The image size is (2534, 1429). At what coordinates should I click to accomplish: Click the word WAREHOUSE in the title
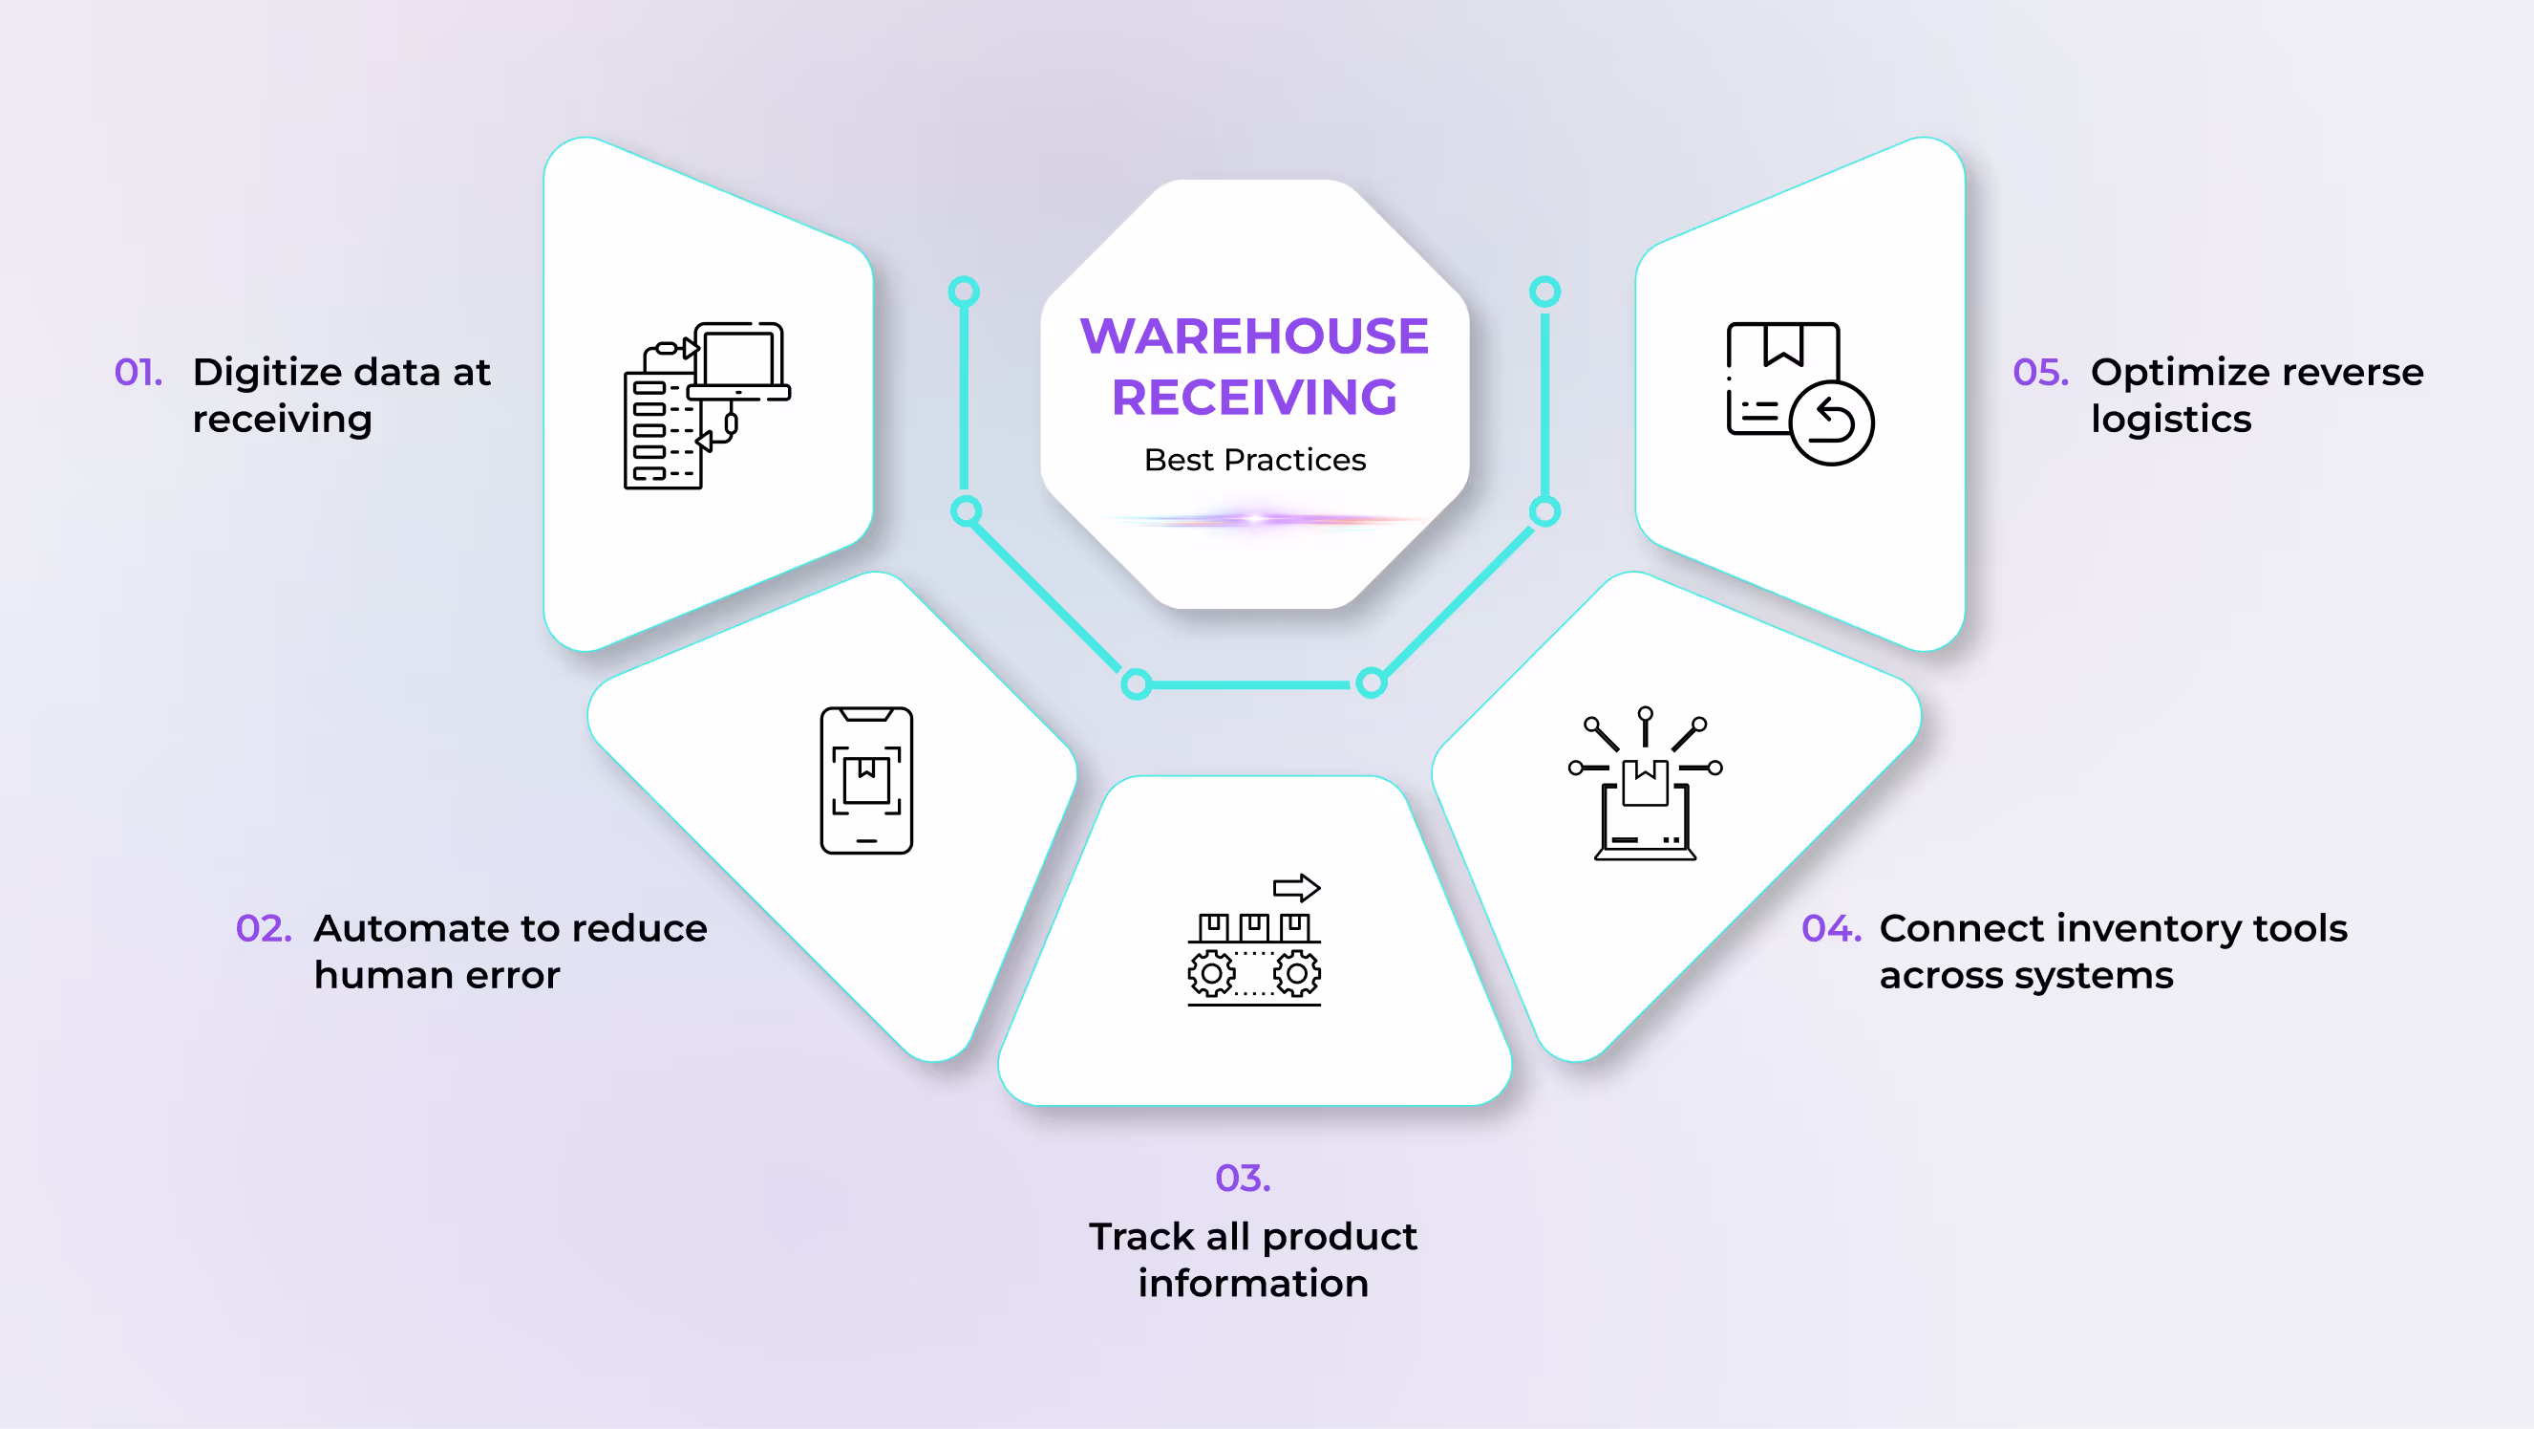pyautogui.click(x=1254, y=336)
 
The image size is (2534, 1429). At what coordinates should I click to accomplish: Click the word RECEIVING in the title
pyautogui.click(x=1254, y=398)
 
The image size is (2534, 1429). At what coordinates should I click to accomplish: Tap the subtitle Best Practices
pyautogui.click(x=1254, y=460)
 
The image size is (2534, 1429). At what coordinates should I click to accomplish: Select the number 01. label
pyautogui.click(x=138, y=372)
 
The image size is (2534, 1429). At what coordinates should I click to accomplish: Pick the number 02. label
pyautogui.click(x=264, y=928)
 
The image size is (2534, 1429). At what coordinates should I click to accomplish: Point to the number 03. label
pyautogui.click(x=1243, y=1178)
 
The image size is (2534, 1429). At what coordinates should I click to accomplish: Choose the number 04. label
pyautogui.click(x=1831, y=928)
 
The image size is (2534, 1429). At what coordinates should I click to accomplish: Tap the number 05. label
pyautogui.click(x=2040, y=372)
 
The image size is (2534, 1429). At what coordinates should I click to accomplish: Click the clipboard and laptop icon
pyautogui.click(x=706, y=404)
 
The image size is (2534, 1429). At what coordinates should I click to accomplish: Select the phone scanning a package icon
pyautogui.click(x=866, y=780)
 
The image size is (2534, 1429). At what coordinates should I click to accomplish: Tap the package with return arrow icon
pyautogui.click(x=1799, y=393)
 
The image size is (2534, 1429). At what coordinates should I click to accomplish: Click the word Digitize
pyautogui.click(x=266, y=372)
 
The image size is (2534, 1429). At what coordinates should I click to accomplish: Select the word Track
pyautogui.click(x=1141, y=1236)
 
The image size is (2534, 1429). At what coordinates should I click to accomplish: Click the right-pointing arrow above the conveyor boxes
pyautogui.click(x=1296, y=888)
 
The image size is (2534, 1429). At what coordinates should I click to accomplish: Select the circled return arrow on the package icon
pyautogui.click(x=1832, y=422)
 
